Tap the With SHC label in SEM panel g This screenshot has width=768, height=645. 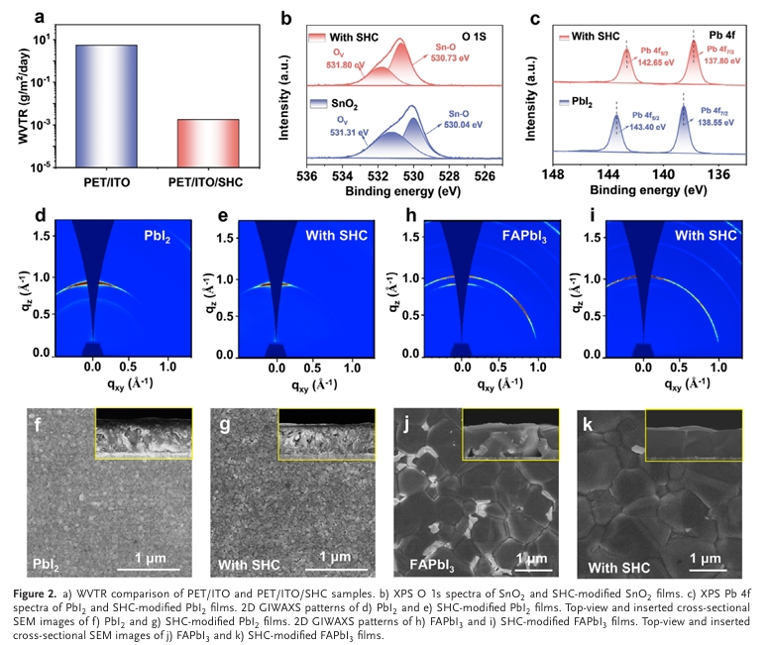(245, 567)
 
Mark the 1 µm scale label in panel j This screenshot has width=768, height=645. (532, 558)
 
